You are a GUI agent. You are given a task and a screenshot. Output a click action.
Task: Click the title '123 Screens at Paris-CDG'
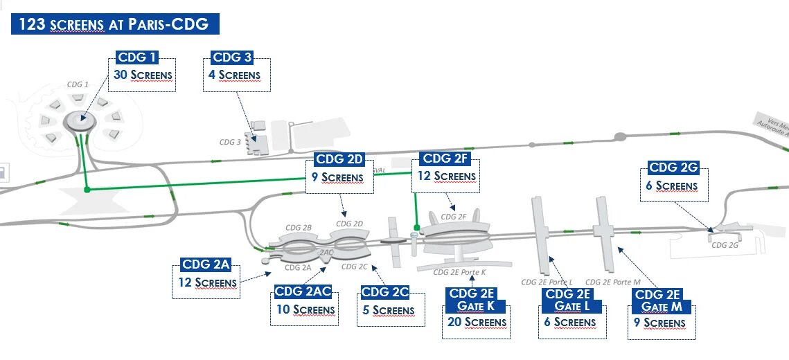click(x=114, y=25)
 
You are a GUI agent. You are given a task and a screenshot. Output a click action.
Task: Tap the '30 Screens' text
click(x=142, y=75)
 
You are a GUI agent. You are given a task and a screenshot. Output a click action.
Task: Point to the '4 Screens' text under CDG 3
click(x=235, y=75)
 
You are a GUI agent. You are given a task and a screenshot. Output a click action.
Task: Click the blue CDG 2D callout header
click(x=339, y=159)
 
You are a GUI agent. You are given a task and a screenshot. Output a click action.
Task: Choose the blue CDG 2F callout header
click(x=446, y=159)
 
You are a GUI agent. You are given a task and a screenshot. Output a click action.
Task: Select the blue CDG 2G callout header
click(x=673, y=168)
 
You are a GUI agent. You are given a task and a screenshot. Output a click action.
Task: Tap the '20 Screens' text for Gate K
click(x=476, y=322)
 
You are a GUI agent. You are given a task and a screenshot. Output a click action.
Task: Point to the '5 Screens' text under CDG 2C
click(x=389, y=310)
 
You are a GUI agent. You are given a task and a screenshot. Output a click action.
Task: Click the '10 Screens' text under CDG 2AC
click(x=305, y=309)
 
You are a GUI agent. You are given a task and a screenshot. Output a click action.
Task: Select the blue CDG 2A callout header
click(x=205, y=264)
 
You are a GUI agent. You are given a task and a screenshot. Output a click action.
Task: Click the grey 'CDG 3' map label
click(x=230, y=142)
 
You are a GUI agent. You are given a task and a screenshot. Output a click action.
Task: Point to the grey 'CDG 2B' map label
click(x=299, y=227)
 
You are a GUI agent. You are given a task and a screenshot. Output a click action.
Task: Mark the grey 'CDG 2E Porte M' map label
click(x=613, y=282)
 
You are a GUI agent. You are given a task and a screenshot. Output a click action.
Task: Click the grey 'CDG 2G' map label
click(x=724, y=244)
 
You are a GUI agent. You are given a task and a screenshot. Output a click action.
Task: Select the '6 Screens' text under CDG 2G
click(x=671, y=186)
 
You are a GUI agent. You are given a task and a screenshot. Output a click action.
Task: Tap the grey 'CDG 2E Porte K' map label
click(x=459, y=272)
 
